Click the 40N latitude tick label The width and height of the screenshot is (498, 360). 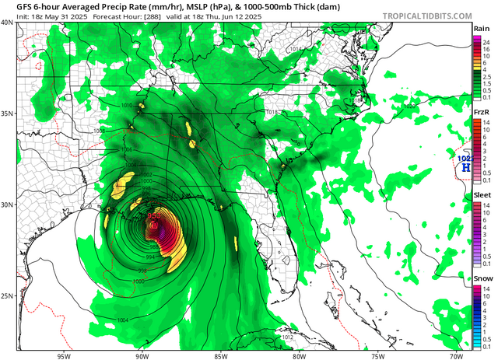click(x=7, y=23)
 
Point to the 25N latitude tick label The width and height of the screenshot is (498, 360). click(x=7, y=296)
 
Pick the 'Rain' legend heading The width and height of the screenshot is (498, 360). click(x=482, y=28)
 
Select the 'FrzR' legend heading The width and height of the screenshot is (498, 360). click(x=482, y=113)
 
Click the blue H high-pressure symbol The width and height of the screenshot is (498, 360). click(x=465, y=166)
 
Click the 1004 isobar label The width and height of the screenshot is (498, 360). click(x=124, y=320)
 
